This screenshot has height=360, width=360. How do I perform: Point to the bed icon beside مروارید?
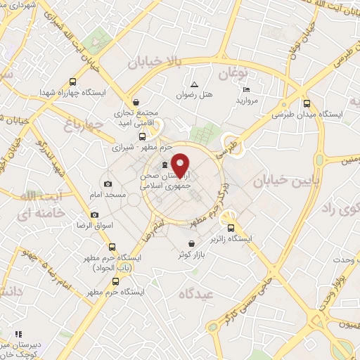click(245, 90)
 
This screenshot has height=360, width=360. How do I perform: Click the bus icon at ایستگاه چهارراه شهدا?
click(74, 81)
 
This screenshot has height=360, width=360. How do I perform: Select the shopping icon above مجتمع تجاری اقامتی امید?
click(136, 101)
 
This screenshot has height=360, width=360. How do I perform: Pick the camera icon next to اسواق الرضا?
click(95, 214)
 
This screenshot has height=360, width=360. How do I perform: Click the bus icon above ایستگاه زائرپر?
click(231, 226)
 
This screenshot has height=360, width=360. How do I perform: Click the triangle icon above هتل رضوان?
click(194, 84)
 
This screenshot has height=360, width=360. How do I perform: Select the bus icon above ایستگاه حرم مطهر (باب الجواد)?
click(112, 247)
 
